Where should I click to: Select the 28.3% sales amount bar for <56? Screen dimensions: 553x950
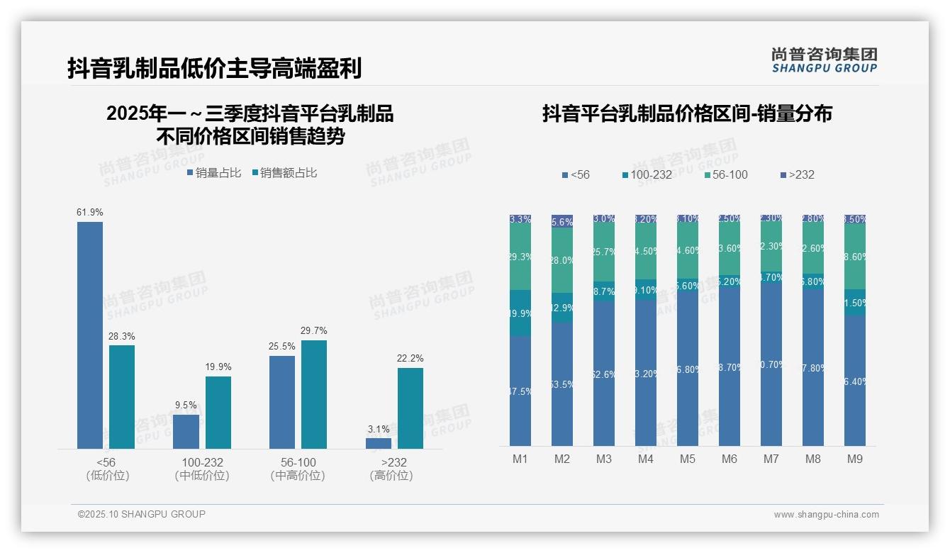122,396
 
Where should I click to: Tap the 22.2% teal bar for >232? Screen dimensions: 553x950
410,408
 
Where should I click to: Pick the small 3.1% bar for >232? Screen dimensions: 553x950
379,443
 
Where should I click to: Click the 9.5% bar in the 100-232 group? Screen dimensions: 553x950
186,431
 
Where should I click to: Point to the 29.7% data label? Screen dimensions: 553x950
314,331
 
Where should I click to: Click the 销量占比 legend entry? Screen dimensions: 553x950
213,173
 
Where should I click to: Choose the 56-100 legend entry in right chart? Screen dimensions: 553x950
726,175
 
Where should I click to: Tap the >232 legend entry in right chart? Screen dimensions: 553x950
798,175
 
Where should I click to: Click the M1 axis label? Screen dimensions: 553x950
520,459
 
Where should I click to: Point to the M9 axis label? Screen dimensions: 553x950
855,459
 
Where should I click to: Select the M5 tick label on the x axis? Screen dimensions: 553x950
688,459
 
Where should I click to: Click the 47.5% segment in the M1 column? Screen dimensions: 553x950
520,391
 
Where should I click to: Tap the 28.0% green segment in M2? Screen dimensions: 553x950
562,260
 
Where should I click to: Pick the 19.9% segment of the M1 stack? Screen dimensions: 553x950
520,313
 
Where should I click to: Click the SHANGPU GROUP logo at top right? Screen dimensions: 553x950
824,60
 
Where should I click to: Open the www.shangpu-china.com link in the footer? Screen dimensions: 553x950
826,515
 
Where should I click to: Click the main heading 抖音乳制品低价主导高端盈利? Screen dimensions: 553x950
215,68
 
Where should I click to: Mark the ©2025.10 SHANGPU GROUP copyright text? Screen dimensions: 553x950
142,515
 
